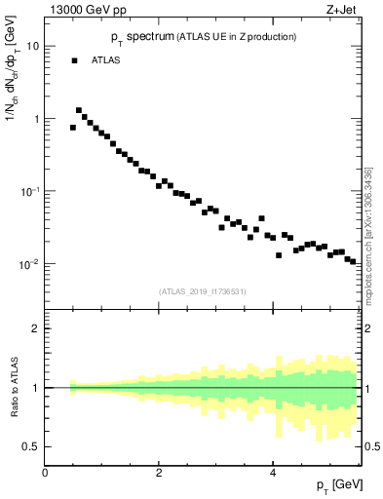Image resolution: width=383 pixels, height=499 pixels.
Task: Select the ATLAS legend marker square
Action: (x=74, y=60)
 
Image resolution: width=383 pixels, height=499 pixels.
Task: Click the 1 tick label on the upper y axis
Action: (x=36, y=119)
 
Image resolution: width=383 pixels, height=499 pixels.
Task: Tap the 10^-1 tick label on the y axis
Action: (x=31, y=191)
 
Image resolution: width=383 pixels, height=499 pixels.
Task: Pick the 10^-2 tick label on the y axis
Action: (x=31, y=264)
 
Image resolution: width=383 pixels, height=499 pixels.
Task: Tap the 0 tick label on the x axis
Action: (x=45, y=474)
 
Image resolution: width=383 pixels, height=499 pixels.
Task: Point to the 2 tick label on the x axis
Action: (x=159, y=474)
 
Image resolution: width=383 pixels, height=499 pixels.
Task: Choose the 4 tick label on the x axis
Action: (x=273, y=474)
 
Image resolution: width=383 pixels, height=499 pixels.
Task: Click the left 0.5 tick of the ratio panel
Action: (x=32, y=447)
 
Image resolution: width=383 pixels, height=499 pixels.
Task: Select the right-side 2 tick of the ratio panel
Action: (x=369, y=328)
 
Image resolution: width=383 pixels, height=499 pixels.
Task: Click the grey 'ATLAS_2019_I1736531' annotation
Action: (x=204, y=290)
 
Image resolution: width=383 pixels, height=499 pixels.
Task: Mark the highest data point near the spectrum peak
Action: (x=79, y=111)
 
